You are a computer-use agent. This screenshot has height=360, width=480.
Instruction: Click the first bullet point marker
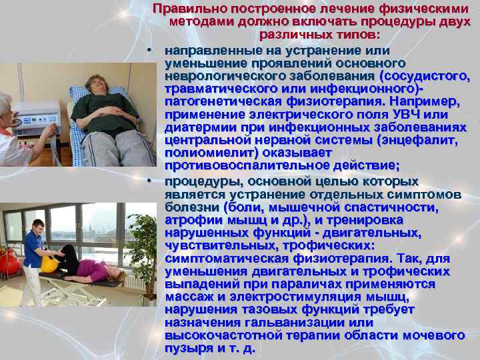click(152, 51)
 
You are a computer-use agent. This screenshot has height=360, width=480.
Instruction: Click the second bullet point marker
click(152, 181)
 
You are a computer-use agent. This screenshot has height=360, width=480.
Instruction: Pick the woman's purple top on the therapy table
click(91, 270)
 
